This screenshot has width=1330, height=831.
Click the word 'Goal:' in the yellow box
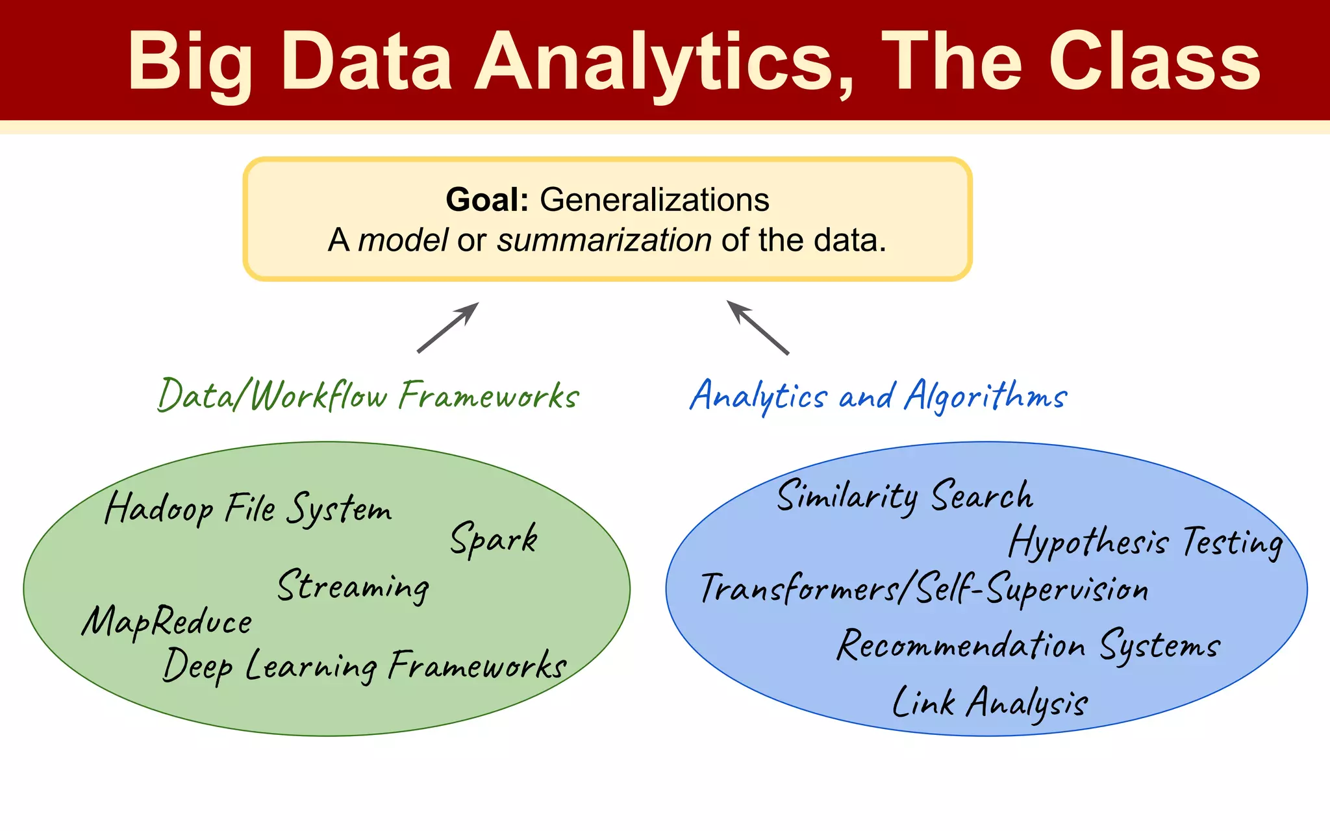487,199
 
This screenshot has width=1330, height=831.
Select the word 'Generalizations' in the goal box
655,199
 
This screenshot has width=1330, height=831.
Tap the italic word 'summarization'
604,240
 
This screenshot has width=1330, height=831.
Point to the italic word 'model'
403,240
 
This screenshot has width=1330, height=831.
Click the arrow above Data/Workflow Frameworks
448,328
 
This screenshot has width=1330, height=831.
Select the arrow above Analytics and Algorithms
757,328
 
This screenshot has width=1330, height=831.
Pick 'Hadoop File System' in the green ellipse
248,508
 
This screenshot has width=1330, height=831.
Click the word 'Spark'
494,539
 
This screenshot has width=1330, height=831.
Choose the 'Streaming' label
353,586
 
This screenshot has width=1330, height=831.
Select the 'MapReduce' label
167,622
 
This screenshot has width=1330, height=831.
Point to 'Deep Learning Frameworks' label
364,665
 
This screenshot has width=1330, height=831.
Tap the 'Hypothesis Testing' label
1146,542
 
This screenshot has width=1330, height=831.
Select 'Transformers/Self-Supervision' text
924,589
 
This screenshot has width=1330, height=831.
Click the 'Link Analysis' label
990,703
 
